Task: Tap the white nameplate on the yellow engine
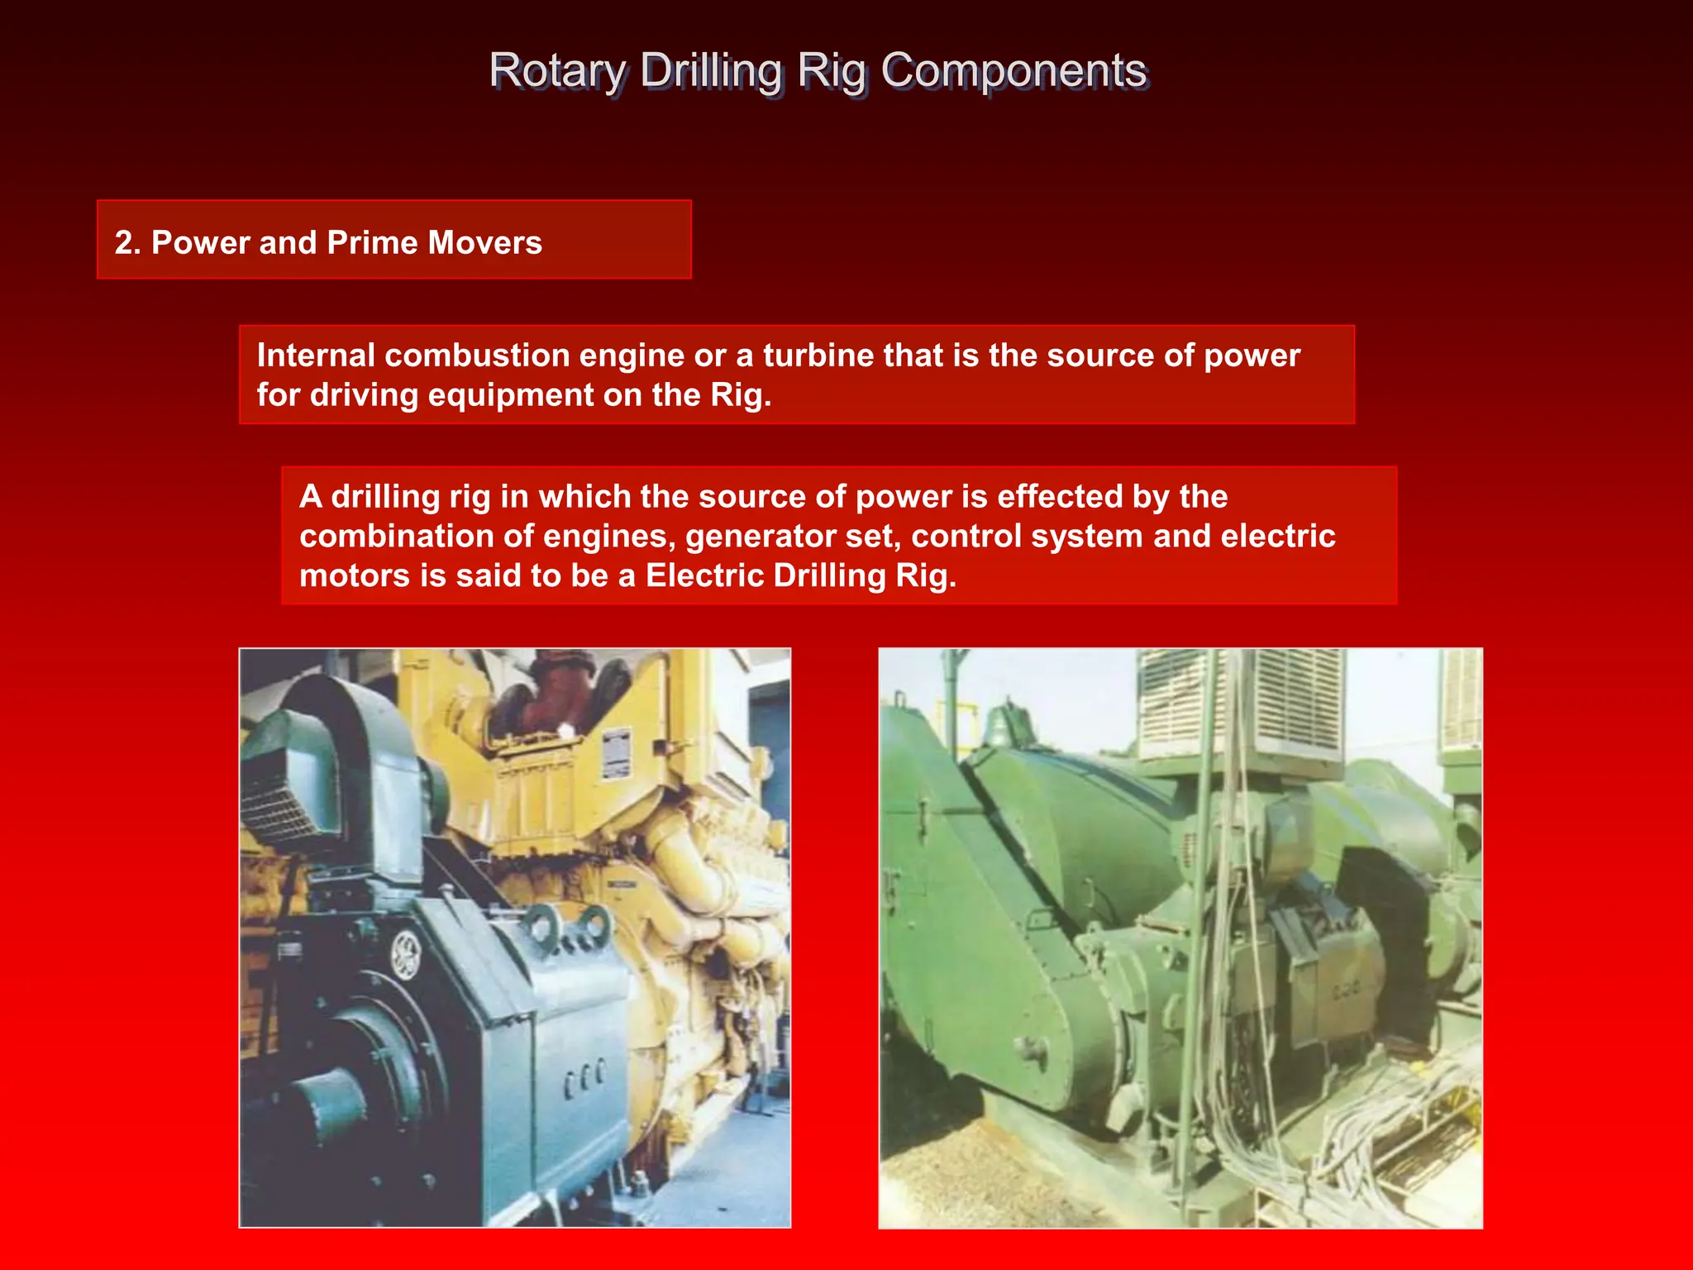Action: [615, 752]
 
